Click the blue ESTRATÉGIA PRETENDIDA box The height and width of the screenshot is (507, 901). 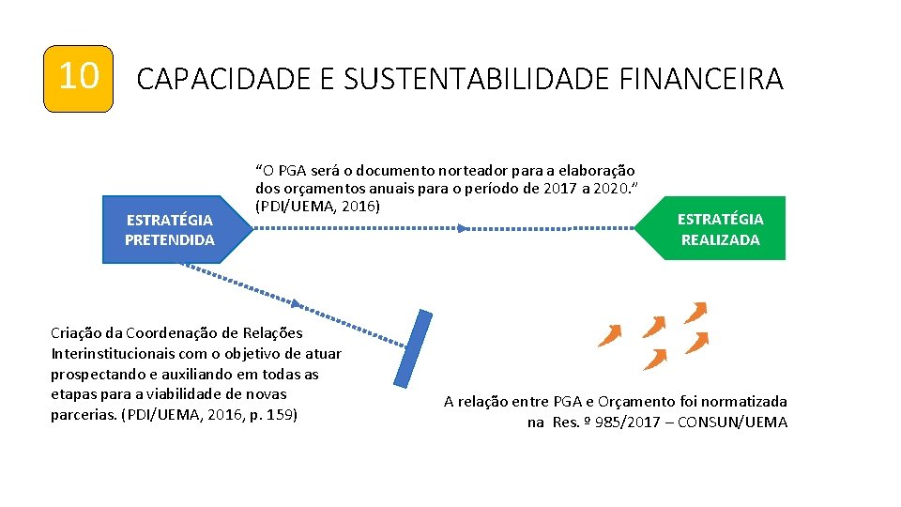[x=169, y=230]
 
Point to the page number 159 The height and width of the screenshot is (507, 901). [x=281, y=414]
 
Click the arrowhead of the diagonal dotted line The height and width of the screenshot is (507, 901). [x=298, y=304]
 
